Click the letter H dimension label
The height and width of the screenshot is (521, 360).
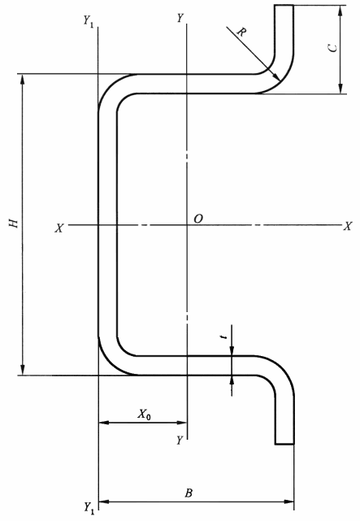14,223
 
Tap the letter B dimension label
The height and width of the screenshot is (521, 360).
189,493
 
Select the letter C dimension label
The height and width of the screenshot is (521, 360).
332,48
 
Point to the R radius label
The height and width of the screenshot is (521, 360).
241,33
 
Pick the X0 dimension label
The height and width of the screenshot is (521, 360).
144,414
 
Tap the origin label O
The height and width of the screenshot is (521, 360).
198,219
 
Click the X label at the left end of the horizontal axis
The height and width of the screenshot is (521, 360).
59,228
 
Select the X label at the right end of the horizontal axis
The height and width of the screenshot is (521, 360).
347,226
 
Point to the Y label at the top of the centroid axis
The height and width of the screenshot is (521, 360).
180,18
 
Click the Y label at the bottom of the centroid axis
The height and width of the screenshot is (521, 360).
180,441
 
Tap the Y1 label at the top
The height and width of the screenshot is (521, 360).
88,21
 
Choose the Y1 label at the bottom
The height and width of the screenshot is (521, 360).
89,507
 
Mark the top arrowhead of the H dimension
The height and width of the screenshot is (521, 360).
23,79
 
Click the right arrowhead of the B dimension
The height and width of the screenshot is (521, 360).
289,501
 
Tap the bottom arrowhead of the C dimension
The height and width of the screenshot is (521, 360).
340,88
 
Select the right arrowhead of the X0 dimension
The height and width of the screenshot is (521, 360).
182,423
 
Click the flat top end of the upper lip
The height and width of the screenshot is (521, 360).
284,6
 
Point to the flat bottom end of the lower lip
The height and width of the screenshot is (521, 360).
284,444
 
